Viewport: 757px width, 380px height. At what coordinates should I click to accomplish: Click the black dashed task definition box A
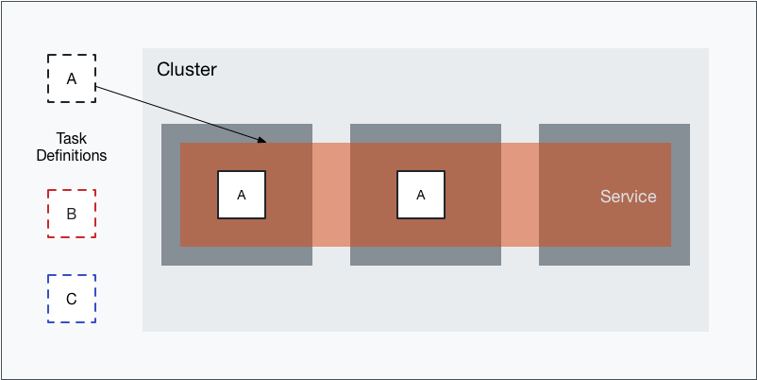click(x=71, y=78)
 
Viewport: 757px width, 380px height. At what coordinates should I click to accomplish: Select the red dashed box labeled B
click(x=71, y=214)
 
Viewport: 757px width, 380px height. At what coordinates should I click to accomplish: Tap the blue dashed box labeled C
click(x=71, y=299)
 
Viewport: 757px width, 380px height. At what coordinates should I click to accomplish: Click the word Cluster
click(x=186, y=69)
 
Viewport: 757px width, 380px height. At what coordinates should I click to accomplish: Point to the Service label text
click(x=628, y=197)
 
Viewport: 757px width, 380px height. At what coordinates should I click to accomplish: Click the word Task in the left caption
click(x=71, y=137)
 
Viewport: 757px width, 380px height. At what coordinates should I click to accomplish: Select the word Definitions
click(x=71, y=155)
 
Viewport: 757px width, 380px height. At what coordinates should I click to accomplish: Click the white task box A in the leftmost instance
click(x=241, y=195)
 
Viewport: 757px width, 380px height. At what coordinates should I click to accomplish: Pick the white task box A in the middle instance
click(x=420, y=195)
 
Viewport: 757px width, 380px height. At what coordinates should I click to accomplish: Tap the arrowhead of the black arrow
click(x=265, y=143)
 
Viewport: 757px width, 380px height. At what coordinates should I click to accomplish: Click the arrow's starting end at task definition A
click(x=97, y=89)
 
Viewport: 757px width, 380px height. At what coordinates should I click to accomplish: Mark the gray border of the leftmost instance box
click(x=170, y=256)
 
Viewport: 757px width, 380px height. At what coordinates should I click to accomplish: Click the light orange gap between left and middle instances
click(x=330, y=195)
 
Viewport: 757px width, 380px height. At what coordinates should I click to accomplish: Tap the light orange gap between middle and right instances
click(x=519, y=195)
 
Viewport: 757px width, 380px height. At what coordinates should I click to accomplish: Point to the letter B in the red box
click(x=71, y=214)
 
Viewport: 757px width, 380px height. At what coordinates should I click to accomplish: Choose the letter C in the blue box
click(x=71, y=300)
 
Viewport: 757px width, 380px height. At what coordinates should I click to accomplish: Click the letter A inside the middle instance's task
click(x=421, y=195)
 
